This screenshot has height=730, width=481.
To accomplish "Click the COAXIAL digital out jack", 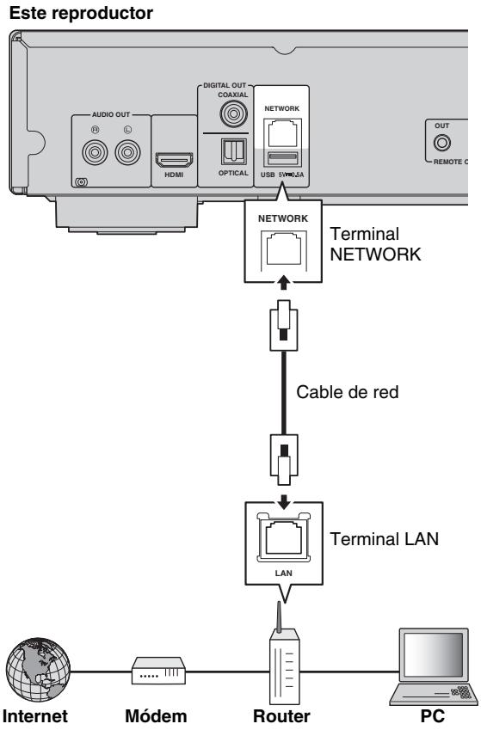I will [231, 112].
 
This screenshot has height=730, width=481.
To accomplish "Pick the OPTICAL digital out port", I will [231, 153].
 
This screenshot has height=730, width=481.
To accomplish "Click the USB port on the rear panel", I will [283, 158].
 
